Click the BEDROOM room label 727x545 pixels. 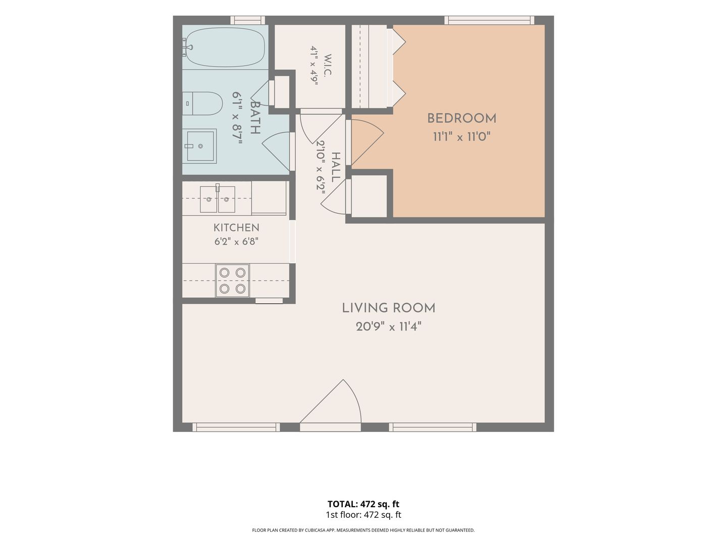point(461,119)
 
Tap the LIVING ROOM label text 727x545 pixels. point(389,308)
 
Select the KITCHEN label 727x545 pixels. point(236,228)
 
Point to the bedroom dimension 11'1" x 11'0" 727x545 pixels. point(461,137)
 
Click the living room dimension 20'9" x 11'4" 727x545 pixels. point(389,327)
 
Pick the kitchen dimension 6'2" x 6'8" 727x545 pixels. point(236,242)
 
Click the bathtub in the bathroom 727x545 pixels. point(225,47)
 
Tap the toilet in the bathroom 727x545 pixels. point(202,103)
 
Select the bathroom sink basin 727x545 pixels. point(200,146)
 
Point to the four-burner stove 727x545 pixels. point(232,281)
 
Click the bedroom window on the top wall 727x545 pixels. point(489,20)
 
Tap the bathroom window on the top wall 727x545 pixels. point(248,20)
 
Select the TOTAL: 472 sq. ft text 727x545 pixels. point(363,504)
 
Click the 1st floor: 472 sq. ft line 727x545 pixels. point(363,515)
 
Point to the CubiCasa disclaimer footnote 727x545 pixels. point(363,530)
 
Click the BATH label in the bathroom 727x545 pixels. point(254,118)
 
